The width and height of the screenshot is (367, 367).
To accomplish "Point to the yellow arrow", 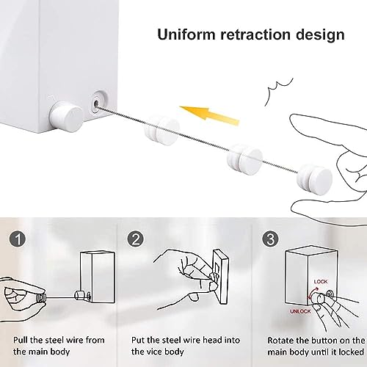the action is click(x=209, y=115).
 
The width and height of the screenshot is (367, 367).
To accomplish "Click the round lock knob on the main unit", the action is click(x=67, y=117).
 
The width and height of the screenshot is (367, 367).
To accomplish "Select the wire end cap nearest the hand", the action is click(x=315, y=179).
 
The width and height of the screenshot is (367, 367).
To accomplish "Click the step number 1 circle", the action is click(x=18, y=239).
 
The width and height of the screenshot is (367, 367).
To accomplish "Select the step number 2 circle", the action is click(x=136, y=239).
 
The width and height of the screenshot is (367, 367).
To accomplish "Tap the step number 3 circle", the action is click(x=270, y=239).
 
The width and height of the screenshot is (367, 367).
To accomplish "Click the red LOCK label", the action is click(x=321, y=282).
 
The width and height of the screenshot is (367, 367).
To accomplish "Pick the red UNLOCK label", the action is click(x=300, y=311).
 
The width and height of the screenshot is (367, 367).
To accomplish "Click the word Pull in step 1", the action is click(x=21, y=340).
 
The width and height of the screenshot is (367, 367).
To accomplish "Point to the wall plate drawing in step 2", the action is click(x=221, y=276).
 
